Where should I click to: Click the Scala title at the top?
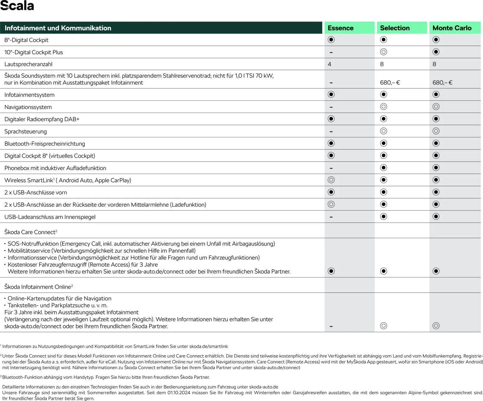point(17,6)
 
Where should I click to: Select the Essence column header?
point(340,28)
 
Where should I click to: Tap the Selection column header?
point(395,28)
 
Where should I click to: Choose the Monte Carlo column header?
point(452,28)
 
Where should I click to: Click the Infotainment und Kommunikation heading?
point(58,28)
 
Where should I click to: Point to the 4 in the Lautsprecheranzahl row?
point(329,64)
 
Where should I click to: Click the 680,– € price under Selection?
point(390,83)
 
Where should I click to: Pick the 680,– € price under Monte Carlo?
point(442,83)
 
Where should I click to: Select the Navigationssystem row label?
point(28,107)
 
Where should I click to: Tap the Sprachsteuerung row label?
point(26,131)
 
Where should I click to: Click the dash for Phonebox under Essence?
point(331,168)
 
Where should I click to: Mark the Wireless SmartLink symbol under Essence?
point(331,180)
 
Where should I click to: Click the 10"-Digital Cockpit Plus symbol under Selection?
point(384,52)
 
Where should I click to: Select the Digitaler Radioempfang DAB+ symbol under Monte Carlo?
point(436,119)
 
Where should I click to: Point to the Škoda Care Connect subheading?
point(31,232)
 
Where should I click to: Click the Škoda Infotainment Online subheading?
point(38,287)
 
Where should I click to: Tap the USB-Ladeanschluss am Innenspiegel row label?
point(50,217)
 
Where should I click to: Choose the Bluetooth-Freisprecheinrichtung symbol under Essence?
point(331,143)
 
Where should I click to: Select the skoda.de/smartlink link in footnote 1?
point(208,346)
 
